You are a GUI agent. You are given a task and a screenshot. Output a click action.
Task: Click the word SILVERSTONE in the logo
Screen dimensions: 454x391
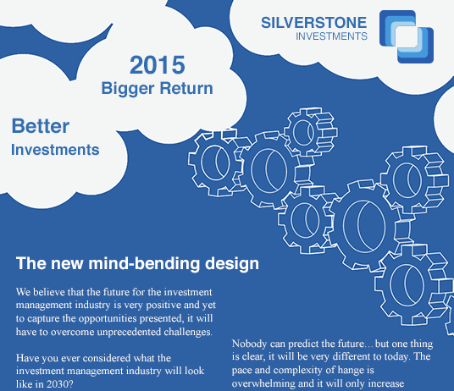coord(314,23)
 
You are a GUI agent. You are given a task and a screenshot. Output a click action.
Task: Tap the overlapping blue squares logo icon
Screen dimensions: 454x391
coord(407,36)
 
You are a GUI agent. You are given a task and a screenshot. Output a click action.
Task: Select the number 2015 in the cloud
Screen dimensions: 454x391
coord(158,65)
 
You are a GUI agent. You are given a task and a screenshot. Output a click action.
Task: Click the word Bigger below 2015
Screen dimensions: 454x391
coord(128,89)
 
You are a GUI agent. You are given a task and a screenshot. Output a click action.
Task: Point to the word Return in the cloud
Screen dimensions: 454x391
coord(186,88)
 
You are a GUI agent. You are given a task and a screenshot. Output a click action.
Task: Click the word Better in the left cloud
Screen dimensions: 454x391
coord(41,126)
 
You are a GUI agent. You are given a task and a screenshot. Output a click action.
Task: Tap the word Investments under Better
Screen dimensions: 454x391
coord(55,150)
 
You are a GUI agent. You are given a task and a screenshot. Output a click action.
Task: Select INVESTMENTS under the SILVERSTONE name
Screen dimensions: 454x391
coord(331,36)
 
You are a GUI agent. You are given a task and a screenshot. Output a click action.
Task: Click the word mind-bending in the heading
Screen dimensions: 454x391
coord(144,263)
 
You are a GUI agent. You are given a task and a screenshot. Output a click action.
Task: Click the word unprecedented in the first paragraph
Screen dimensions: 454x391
coord(129,332)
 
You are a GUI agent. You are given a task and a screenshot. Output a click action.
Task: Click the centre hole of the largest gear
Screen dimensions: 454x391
coord(365,226)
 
